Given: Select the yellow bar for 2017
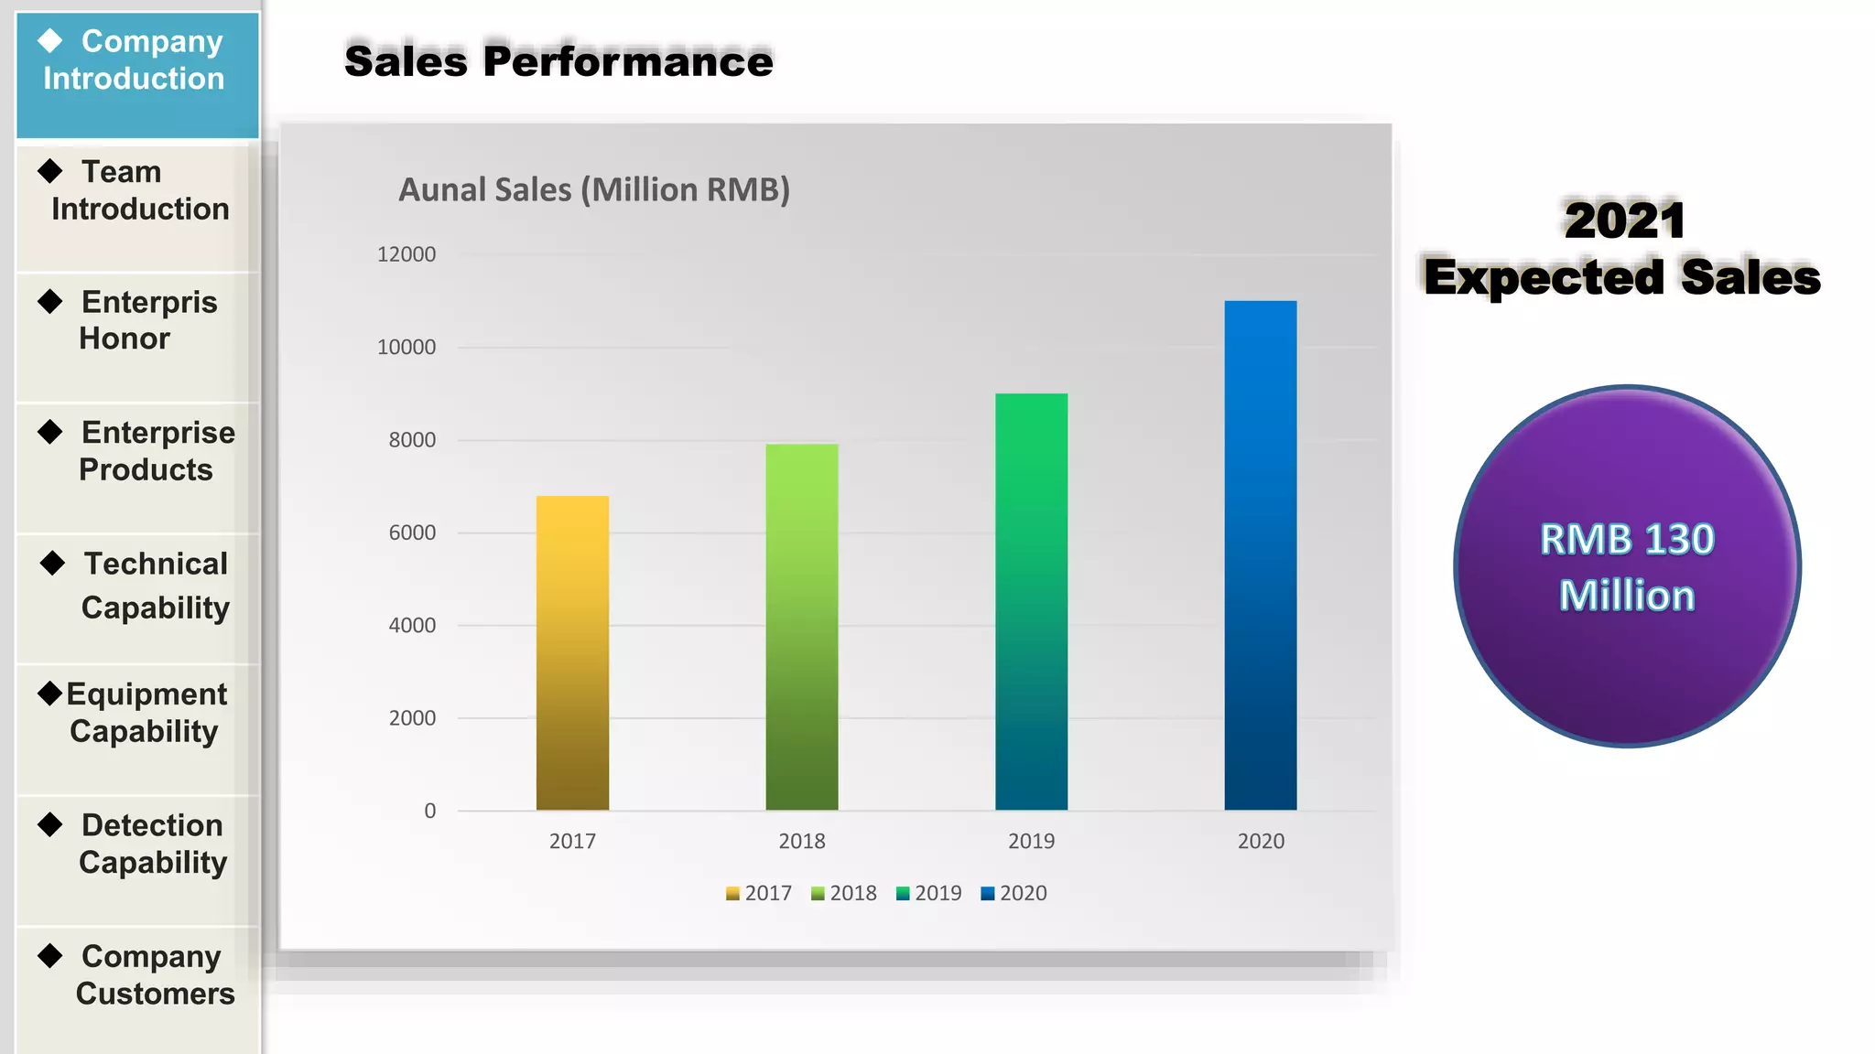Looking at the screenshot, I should tap(572, 652).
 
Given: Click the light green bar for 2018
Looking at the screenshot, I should tap(802, 627).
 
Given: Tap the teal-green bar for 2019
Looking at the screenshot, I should tap(1031, 601).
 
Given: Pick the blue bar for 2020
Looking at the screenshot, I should tap(1261, 554).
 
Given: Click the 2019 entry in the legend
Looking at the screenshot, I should tap(929, 893).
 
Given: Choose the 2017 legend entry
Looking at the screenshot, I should tap(759, 893).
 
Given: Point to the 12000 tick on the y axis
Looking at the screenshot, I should tap(406, 254).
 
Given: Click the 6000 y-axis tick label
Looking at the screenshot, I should tap(412, 532).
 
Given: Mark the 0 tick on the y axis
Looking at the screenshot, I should tap(429, 811).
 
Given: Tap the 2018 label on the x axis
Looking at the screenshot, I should tap(802, 841).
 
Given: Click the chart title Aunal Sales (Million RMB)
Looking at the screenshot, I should tap(594, 189).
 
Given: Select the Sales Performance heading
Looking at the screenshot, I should tap(558, 61).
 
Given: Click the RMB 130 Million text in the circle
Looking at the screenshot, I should tap(1627, 567).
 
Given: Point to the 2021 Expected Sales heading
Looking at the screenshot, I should tap(1622, 249).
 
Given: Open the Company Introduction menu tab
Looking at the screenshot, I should tap(137, 61).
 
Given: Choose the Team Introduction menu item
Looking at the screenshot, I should tap(137, 191).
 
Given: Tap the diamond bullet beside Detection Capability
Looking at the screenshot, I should tap(50, 824).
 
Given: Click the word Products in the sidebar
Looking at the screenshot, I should tap(146, 469).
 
